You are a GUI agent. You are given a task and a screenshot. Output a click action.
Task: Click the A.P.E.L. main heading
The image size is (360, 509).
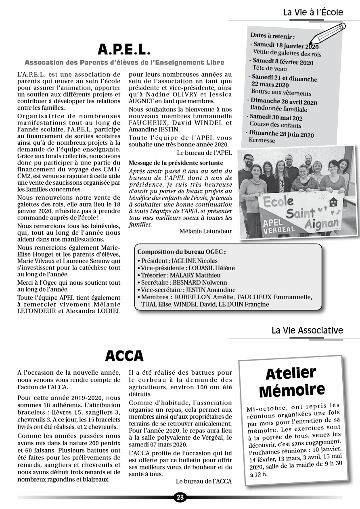coord(124,49)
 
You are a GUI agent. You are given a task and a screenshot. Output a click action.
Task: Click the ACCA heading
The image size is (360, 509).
coord(124,356)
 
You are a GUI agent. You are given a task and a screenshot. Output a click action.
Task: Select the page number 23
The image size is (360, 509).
coord(180,497)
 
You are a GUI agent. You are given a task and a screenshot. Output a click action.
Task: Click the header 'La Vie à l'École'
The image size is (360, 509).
coord(313,13)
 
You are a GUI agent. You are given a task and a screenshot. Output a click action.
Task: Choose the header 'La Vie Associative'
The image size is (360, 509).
coord(307,330)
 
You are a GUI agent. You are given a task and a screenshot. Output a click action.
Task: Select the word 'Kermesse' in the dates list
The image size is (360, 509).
coord(262,140)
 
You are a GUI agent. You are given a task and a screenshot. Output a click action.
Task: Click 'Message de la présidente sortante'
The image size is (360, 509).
coord(176,163)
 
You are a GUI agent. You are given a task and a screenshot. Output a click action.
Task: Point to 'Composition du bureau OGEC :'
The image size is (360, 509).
coord(182,252)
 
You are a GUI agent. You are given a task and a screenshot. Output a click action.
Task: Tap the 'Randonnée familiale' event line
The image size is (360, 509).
coord(278,109)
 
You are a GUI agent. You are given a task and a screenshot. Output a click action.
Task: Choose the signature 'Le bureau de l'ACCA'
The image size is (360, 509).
coord(204,481)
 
